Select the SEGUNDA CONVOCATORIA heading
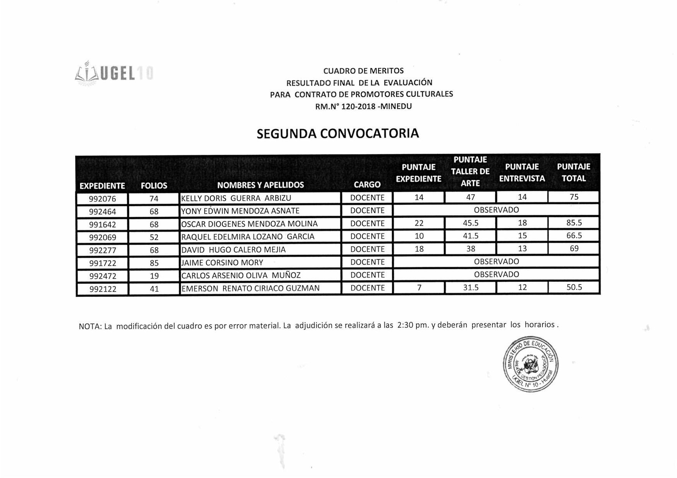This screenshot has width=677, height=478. coord(338,133)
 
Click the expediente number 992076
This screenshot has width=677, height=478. coord(102,199)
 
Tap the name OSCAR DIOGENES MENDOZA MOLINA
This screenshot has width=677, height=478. coord(249,224)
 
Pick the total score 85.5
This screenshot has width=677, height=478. coord(574,223)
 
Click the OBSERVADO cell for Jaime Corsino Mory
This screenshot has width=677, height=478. coord(496,261)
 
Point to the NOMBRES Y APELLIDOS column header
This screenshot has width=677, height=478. coord(261,185)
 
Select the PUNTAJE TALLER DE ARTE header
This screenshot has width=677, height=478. coord(470,172)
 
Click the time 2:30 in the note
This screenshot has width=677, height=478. coord(405,325)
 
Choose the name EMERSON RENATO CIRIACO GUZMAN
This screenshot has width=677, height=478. coord(250,288)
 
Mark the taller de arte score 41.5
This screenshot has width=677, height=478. coord(471,236)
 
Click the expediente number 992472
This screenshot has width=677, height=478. coord(103,276)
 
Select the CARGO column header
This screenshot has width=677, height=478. coord(367,185)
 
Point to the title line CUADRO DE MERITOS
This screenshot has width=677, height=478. coord(363,71)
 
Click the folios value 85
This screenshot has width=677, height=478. coord(154,263)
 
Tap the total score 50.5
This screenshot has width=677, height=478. coord(574,287)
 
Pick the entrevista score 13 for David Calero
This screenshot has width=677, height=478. coord(522,249)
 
